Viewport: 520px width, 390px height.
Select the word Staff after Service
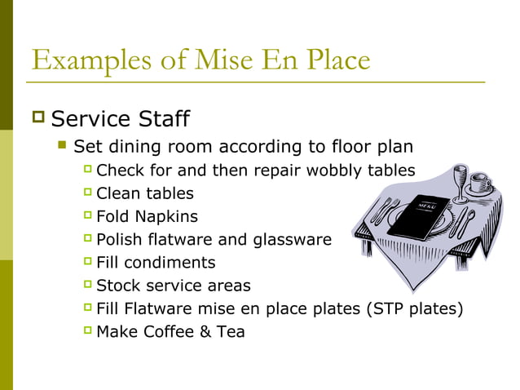(160, 119)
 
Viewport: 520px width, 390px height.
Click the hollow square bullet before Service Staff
(37, 119)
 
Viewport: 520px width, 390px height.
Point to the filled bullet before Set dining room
(61, 147)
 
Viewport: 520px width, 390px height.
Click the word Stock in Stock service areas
(117, 286)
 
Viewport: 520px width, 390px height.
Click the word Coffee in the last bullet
(171, 332)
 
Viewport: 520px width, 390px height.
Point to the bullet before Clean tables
(87, 193)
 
